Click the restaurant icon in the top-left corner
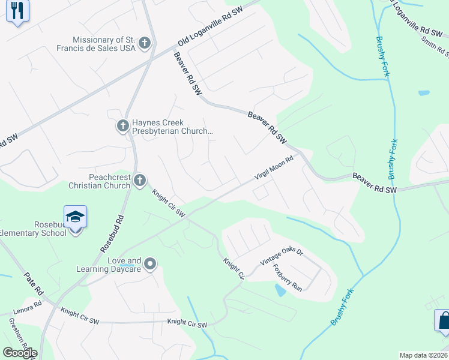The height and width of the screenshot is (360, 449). point(17,11)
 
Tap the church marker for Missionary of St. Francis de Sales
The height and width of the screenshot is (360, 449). point(144,43)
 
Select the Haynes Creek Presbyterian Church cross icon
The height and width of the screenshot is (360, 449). point(122,126)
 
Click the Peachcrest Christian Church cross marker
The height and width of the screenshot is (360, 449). point(139,180)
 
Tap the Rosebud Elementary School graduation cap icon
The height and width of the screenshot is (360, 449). point(76,217)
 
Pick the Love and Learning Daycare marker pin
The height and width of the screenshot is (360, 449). point(150,263)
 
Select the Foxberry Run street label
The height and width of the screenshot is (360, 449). point(287,277)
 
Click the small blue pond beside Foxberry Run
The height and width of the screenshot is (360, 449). point(280,290)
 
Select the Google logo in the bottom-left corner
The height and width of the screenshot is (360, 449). point(20,353)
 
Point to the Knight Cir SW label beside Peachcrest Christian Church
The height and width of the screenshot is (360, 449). point(169,204)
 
